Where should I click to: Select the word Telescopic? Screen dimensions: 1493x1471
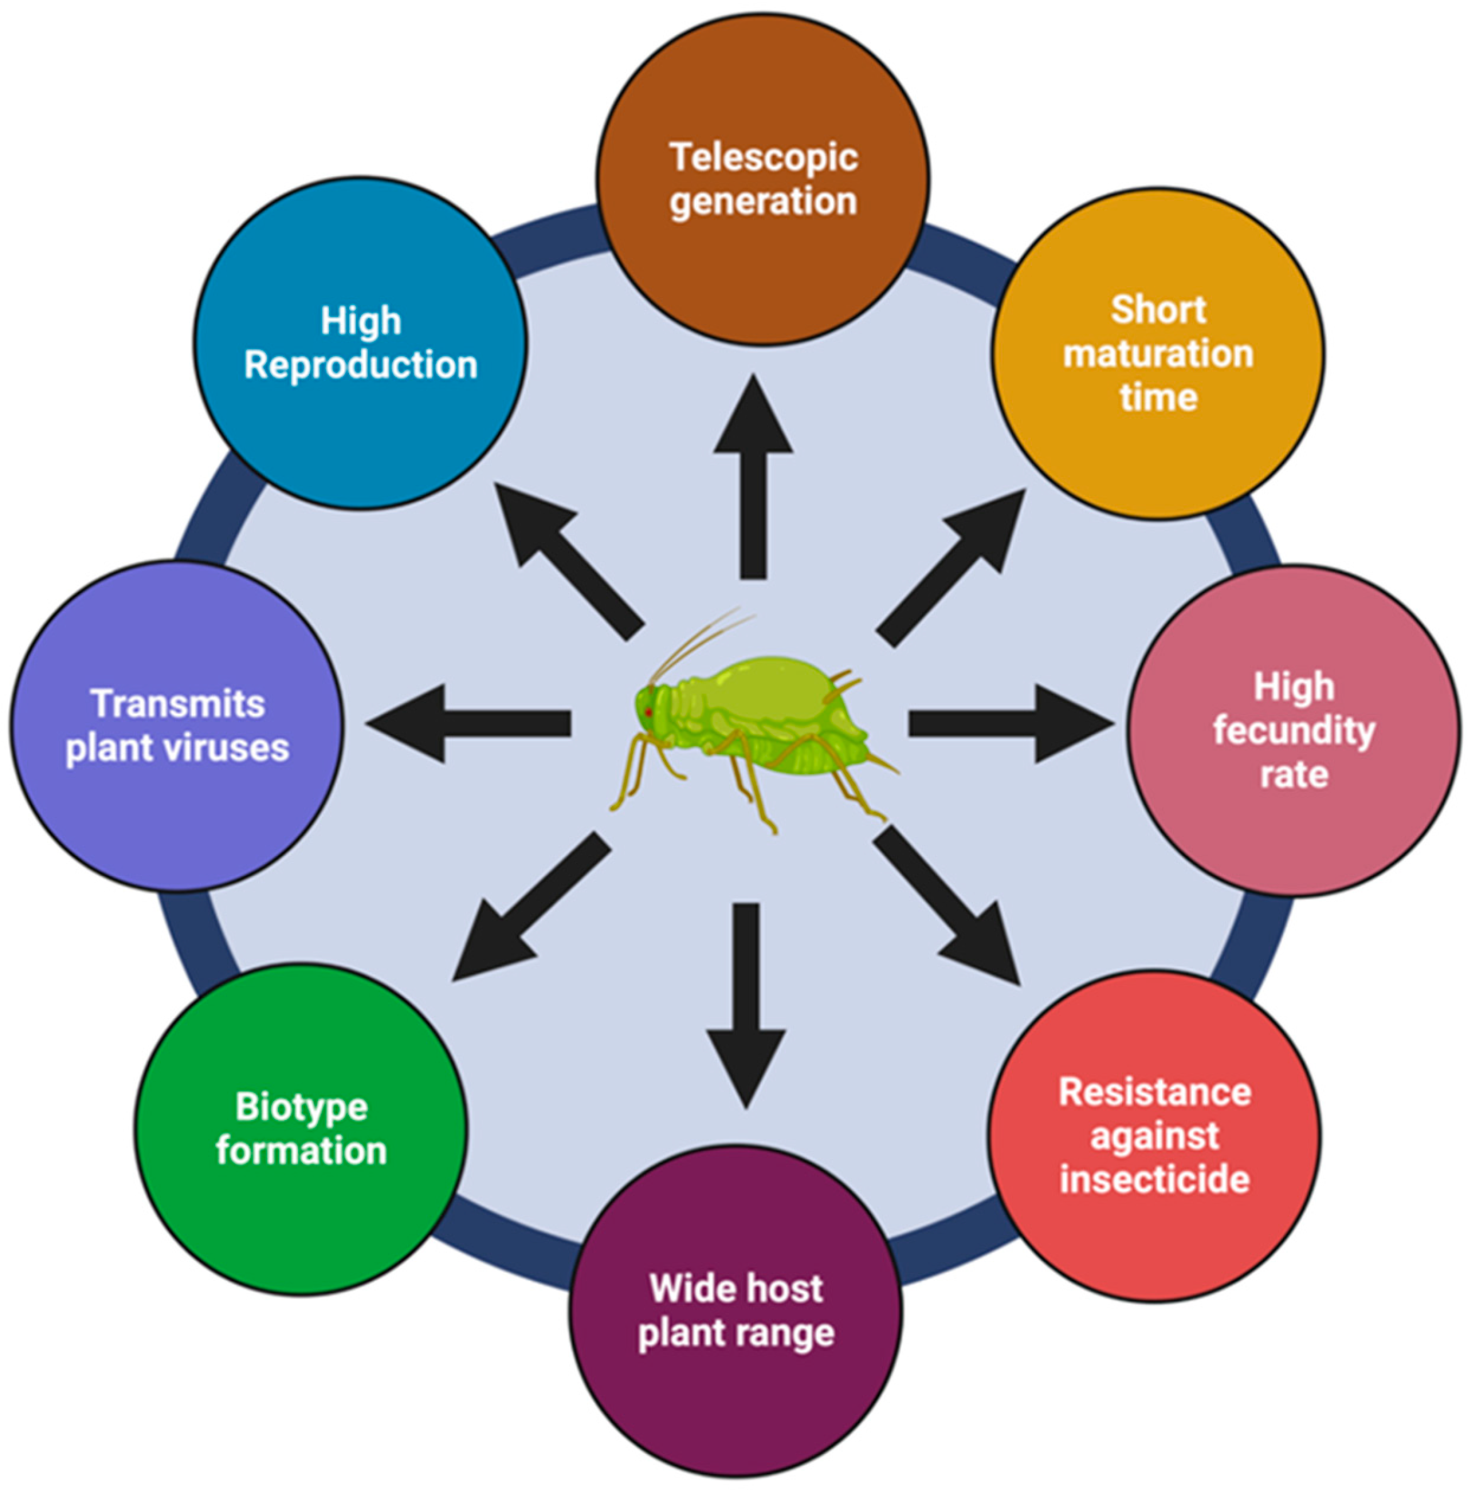click(763, 158)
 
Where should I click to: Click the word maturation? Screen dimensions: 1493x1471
click(1158, 354)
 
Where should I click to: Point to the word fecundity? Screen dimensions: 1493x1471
click(1293, 731)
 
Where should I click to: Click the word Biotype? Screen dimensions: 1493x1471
click(301, 1107)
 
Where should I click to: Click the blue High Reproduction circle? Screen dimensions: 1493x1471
click(360, 433)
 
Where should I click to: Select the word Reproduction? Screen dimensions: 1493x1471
click(360, 365)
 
